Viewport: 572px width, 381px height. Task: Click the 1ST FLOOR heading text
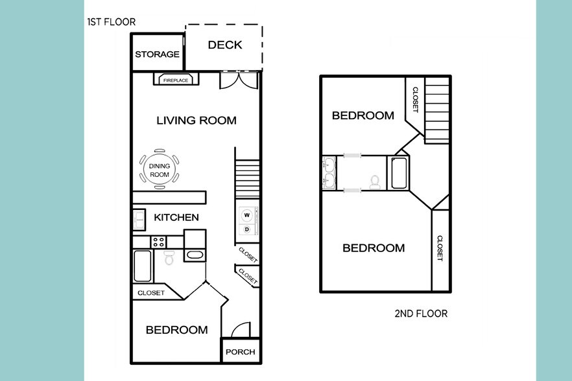click(x=111, y=22)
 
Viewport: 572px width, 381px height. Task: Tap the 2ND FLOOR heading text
click(x=421, y=314)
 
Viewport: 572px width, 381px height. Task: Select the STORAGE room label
click(x=157, y=54)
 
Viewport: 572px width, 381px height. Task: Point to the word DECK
click(x=224, y=45)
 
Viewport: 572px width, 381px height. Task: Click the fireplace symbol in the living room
click(x=176, y=80)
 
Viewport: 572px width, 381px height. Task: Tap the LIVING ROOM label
click(x=196, y=121)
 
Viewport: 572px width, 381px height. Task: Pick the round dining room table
click(x=160, y=170)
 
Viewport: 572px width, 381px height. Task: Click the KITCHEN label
click(x=176, y=217)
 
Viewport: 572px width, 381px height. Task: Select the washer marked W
click(x=246, y=215)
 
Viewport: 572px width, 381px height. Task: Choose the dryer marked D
click(x=246, y=229)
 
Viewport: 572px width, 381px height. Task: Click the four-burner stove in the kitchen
click(x=158, y=242)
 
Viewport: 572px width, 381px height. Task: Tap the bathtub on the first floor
click(x=142, y=266)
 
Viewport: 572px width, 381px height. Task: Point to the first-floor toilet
click(x=170, y=259)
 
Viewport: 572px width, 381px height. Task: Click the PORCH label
click(x=240, y=352)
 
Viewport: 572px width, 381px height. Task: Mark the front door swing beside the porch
click(x=239, y=330)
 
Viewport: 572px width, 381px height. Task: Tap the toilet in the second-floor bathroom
click(x=374, y=182)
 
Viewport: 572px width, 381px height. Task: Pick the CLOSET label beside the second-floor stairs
click(x=415, y=100)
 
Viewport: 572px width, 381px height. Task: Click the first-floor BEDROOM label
click(x=176, y=330)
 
